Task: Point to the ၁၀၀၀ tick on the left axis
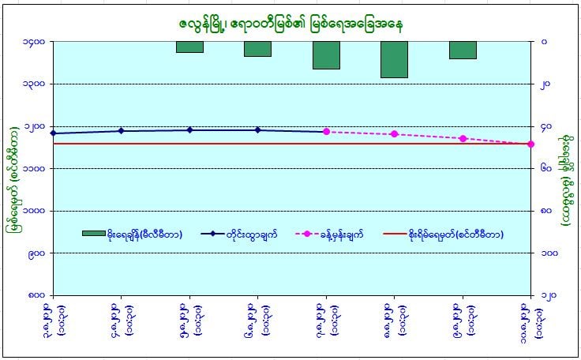(x=34, y=212)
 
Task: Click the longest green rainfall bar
(x=394, y=59)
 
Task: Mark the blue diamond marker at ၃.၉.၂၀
(x=53, y=133)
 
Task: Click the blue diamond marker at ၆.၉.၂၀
(x=258, y=130)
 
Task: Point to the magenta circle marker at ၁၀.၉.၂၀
(x=530, y=144)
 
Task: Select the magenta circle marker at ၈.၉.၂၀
(x=394, y=134)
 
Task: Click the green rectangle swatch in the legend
(x=94, y=234)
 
